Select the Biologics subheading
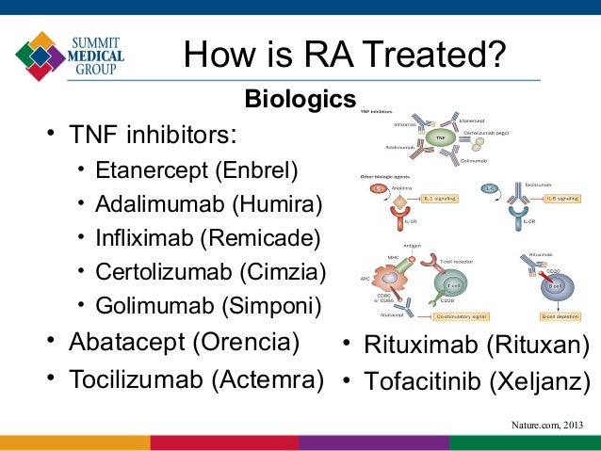(x=300, y=99)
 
